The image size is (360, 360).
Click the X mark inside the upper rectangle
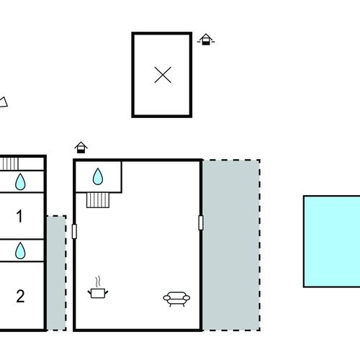point(163,75)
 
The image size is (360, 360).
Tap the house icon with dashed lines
point(206,40)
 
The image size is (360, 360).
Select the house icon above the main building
point(81,148)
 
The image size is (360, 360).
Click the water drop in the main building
point(98,176)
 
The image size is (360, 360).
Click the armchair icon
point(176,299)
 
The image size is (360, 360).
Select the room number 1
point(19,216)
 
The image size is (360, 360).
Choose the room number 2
point(20,296)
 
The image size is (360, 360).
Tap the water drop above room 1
point(20,181)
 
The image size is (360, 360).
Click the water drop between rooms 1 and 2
point(20,251)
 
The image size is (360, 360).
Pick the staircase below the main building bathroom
point(98,200)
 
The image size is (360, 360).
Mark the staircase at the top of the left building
point(9,163)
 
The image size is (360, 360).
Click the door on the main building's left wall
point(74,231)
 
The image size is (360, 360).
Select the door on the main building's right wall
point(201,222)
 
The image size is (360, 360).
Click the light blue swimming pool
point(332,241)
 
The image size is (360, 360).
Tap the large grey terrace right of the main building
point(231,245)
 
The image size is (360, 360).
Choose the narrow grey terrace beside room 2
point(56,273)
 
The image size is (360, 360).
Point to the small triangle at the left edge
point(4,102)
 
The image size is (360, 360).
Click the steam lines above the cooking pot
point(98,282)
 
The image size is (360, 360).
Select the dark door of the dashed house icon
point(205,42)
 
